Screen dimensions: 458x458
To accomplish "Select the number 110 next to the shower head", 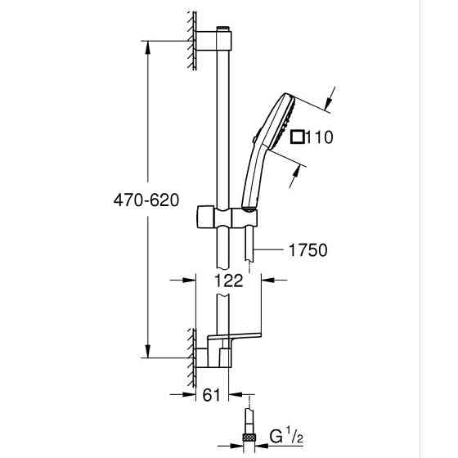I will (318, 137).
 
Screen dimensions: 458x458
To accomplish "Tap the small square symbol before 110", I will (299, 137).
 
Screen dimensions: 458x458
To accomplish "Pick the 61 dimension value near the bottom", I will (212, 394).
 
